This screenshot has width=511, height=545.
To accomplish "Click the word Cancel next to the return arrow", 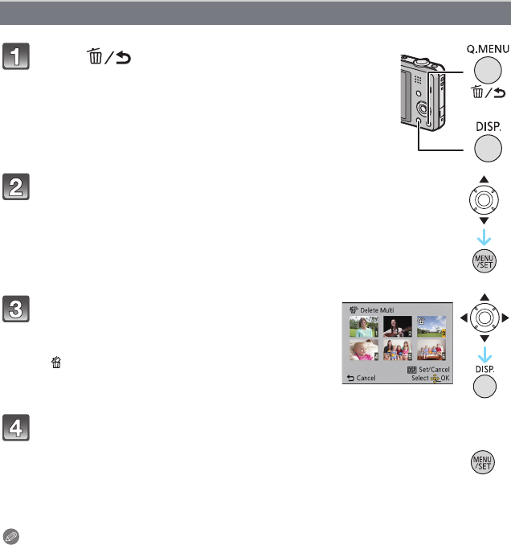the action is [x=365, y=377].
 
